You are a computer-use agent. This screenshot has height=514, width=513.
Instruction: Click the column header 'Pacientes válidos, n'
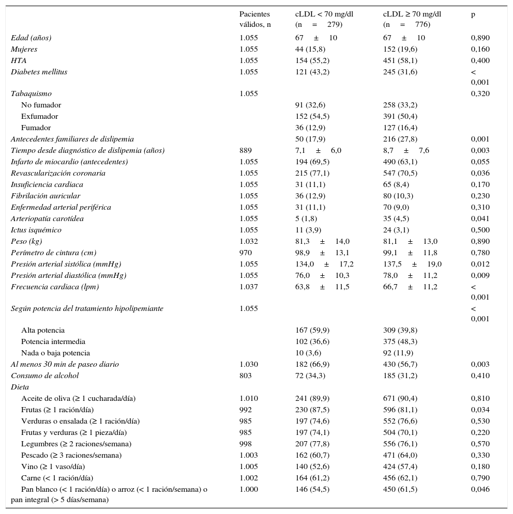(255, 19)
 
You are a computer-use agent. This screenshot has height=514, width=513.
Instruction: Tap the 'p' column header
(473, 14)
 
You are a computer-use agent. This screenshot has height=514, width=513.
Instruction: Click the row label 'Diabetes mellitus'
(39, 72)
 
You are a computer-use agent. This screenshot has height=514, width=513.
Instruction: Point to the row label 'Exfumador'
(39, 116)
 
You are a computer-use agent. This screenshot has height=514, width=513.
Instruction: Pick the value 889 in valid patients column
(246, 150)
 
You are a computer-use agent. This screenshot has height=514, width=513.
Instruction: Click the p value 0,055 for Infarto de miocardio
(480, 162)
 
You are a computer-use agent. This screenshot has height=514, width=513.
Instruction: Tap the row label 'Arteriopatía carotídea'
(47, 219)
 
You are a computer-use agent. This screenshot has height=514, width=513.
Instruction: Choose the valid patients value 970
(246, 253)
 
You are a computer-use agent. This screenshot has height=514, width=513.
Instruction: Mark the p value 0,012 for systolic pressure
(480, 264)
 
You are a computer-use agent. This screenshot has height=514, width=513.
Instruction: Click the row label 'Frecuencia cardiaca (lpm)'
(55, 287)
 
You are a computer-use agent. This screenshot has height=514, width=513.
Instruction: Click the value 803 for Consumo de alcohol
(246, 376)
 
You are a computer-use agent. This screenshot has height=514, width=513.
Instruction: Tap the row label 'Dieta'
(20, 387)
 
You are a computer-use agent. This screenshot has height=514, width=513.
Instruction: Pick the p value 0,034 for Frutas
(480, 410)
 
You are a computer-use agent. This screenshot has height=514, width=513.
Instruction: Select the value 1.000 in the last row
(249, 489)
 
